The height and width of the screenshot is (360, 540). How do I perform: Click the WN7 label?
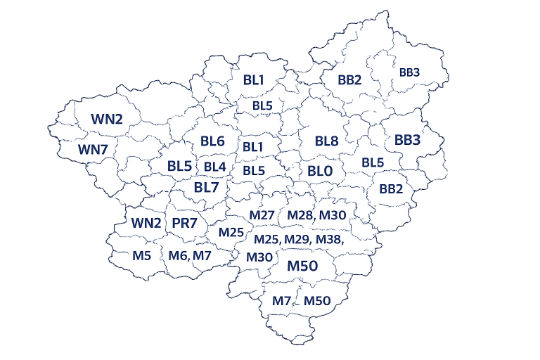[x=93, y=149]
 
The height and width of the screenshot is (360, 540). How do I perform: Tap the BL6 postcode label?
[x=212, y=141]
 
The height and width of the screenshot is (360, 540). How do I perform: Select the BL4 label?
[x=215, y=167]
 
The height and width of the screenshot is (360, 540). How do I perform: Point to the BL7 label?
[x=207, y=188]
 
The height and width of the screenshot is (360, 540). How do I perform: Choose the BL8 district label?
[x=327, y=141]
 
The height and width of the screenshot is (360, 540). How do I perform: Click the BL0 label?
[x=320, y=171]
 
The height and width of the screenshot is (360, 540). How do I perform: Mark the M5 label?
[x=142, y=255]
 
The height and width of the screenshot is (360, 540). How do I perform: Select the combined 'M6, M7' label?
[x=190, y=255]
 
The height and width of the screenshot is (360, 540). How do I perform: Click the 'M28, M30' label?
[x=317, y=214]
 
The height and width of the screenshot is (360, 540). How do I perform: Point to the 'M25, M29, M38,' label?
[x=298, y=240]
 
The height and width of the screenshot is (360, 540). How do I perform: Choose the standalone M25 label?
[x=231, y=232]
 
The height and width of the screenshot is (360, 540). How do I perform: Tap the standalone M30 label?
[x=259, y=257]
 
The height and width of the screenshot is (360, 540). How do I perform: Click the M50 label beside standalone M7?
[x=317, y=301]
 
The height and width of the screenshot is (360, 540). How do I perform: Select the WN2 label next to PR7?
[x=147, y=223]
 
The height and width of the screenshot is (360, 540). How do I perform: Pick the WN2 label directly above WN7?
[x=107, y=119]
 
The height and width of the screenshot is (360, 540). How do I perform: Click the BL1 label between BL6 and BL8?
[x=253, y=147]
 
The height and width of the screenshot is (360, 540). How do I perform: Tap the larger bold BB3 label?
[x=407, y=140]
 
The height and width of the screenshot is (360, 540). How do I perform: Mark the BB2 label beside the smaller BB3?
[x=349, y=79]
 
